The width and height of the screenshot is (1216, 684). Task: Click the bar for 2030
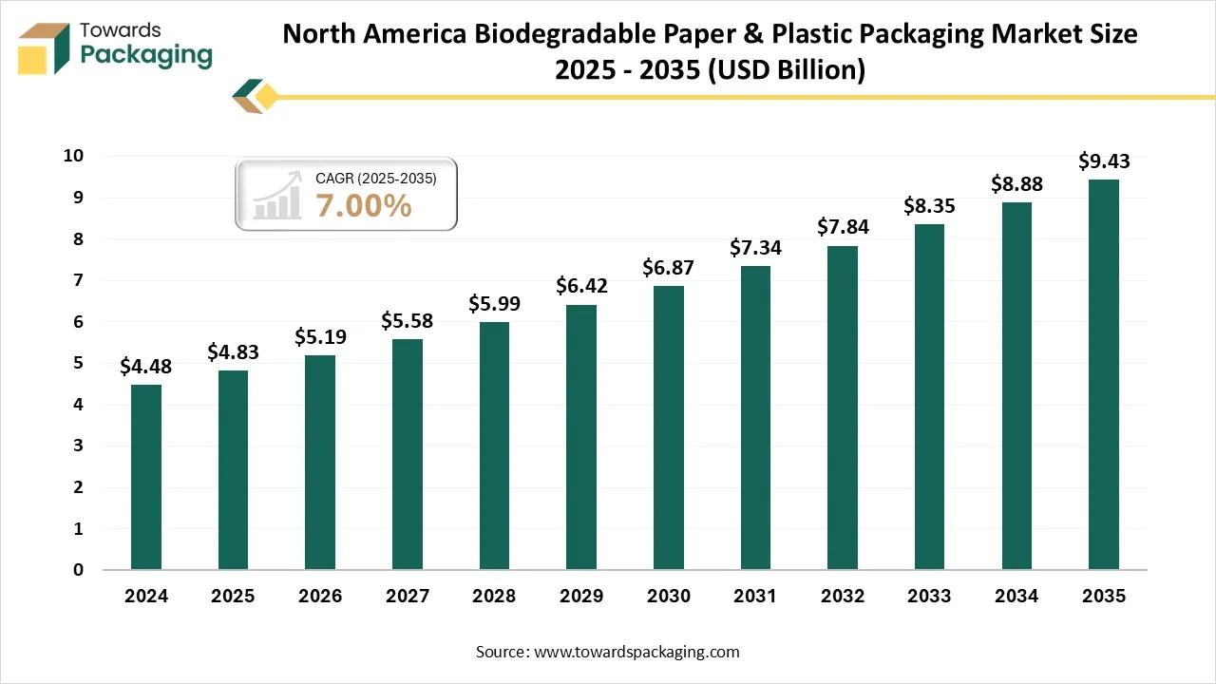(668, 427)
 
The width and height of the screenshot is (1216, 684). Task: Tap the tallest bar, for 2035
(1103, 374)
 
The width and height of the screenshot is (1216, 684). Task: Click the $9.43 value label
(1103, 161)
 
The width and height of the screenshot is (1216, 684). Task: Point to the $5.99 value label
(494, 304)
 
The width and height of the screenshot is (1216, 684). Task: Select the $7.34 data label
(755, 248)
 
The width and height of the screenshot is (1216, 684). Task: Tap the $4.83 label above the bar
(233, 352)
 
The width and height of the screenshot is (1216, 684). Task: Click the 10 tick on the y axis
(73, 156)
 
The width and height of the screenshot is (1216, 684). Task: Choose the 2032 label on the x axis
(842, 597)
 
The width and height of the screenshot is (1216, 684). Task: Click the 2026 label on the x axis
(320, 597)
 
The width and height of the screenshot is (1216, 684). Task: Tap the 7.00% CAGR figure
(364, 205)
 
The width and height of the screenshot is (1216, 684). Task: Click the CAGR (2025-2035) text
(375, 178)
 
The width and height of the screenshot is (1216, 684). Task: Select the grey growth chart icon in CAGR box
(276, 196)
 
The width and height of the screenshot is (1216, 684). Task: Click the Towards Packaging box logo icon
(44, 47)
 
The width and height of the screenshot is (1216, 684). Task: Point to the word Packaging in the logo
(146, 56)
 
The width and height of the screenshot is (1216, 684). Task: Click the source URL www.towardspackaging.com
(636, 652)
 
